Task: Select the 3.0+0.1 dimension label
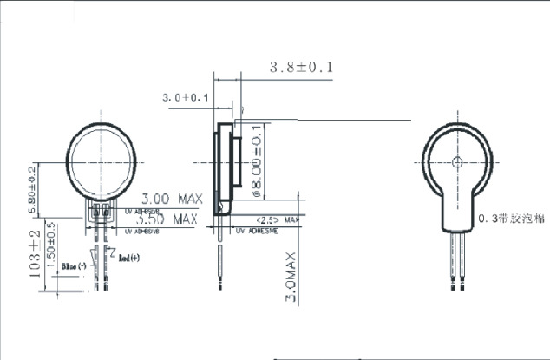187,99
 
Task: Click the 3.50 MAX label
166,219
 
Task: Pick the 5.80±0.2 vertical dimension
33,190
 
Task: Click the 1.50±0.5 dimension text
51,245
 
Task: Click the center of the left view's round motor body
103,161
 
